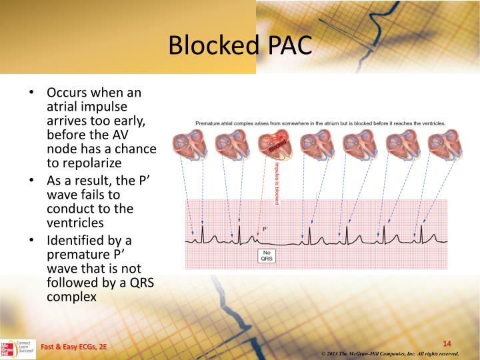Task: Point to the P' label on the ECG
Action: point(265,229)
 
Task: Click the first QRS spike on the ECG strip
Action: point(203,232)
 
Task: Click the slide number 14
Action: point(447,343)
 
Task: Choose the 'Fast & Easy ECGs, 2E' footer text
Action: point(73,348)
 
